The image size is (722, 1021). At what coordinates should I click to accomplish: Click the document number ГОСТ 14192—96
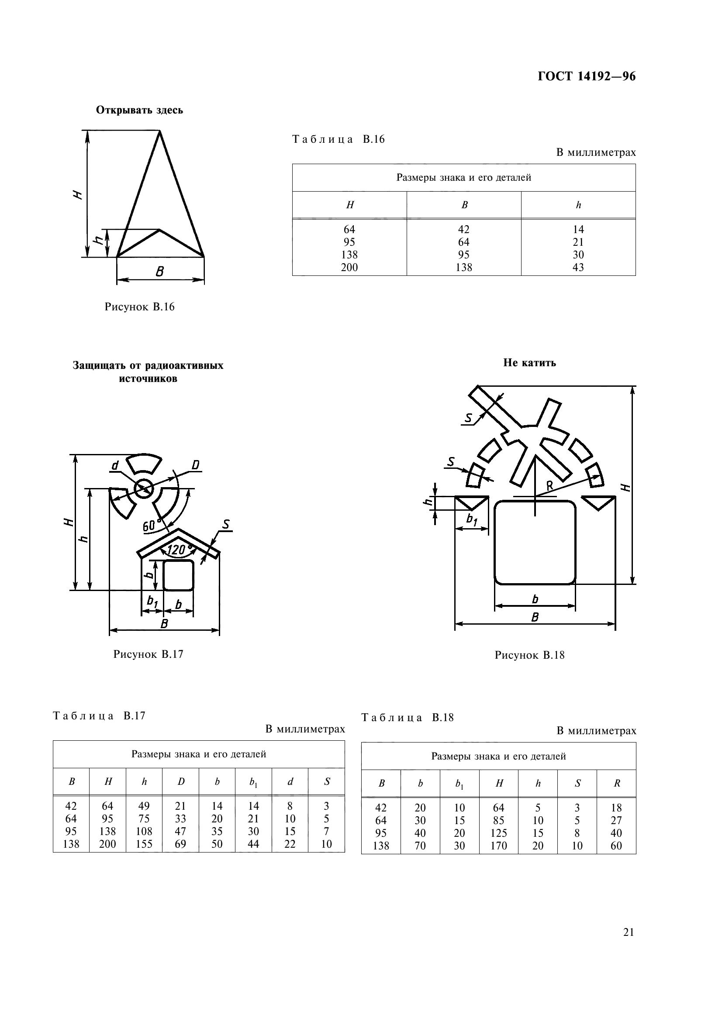(586, 77)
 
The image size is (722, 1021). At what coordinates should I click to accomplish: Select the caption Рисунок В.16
(139, 307)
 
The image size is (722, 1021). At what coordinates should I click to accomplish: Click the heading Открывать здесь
(139, 110)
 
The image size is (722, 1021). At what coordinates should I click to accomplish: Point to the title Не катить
(529, 363)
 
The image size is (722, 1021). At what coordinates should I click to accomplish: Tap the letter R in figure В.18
(550, 486)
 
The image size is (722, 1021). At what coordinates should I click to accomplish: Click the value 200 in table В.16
(349, 267)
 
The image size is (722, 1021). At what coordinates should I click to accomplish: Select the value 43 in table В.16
(578, 267)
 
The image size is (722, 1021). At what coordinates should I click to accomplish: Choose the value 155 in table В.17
(144, 844)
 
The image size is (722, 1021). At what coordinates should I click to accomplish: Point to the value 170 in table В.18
(498, 846)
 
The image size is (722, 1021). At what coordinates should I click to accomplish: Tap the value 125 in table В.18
(498, 833)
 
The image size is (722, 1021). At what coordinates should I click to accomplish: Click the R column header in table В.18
(617, 784)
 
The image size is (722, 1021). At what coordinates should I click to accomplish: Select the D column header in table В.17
(181, 781)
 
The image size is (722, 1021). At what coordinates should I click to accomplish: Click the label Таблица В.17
(99, 716)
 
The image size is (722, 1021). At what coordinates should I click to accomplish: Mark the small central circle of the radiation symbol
(144, 489)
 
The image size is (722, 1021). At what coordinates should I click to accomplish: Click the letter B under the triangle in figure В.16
(160, 272)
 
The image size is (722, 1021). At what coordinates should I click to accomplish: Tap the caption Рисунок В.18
(529, 655)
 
